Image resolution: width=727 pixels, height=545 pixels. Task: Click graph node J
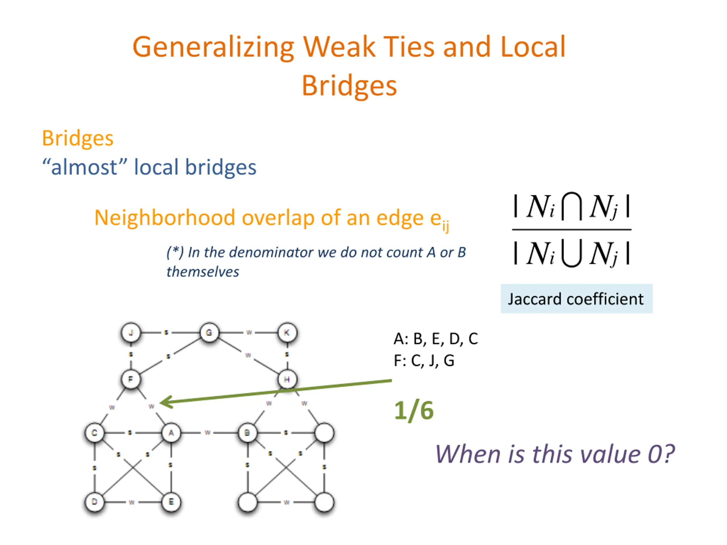[131, 332]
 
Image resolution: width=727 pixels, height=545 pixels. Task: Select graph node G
[209, 332]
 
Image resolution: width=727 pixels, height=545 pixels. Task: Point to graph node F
[131, 379]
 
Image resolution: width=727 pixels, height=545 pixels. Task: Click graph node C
[94, 433]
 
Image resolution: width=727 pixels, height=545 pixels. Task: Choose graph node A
[171, 433]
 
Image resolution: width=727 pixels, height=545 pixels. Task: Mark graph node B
[247, 433]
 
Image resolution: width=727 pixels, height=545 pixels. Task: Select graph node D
[94, 502]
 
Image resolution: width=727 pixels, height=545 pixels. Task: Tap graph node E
[171, 502]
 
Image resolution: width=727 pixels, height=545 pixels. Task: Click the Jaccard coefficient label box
[576, 299]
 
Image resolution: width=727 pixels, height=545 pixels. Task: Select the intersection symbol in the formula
[572, 206]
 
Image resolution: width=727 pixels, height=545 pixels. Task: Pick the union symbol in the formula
[572, 253]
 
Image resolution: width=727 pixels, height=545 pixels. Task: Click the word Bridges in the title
[349, 85]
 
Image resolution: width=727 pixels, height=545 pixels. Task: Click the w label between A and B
[207, 433]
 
